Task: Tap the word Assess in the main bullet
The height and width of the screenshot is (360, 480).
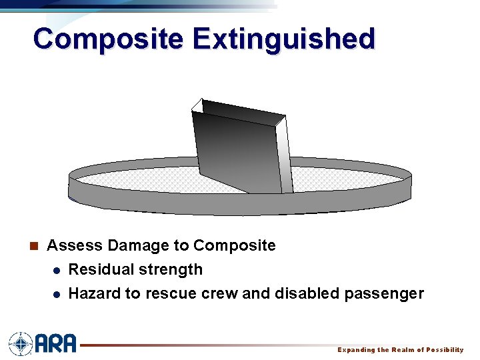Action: click(x=75, y=245)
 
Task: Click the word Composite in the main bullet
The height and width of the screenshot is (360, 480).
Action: click(x=234, y=245)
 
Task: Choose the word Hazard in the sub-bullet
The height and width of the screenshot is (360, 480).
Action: click(x=91, y=293)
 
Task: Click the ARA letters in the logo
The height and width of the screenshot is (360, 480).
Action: click(x=56, y=343)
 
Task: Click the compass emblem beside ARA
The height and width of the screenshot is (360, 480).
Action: click(x=20, y=343)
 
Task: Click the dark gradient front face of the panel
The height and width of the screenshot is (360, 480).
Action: click(x=237, y=153)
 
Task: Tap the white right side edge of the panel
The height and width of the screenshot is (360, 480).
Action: click(x=285, y=157)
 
